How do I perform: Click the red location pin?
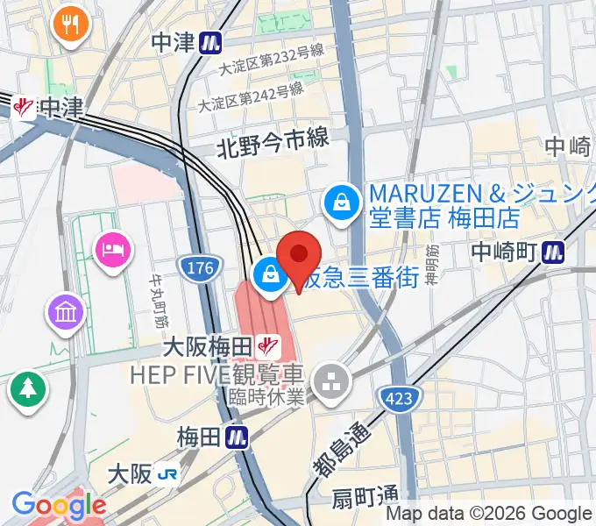(x=299, y=257)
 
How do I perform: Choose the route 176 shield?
(x=199, y=268)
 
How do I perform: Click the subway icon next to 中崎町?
(x=552, y=252)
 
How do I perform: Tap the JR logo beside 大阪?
(x=167, y=475)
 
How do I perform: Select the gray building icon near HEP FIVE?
(x=332, y=382)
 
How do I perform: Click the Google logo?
(x=58, y=505)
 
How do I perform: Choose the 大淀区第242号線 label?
(x=251, y=96)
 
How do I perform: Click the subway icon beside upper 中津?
(x=209, y=41)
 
